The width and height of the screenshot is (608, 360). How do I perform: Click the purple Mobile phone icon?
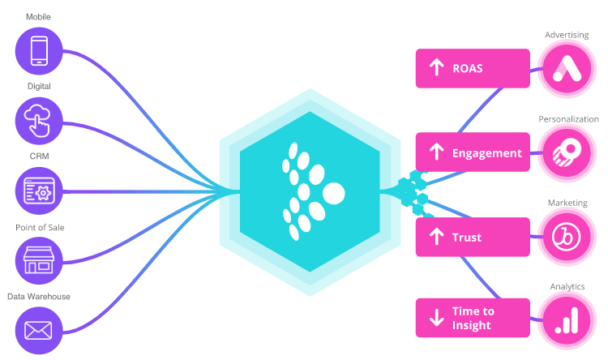[39, 50]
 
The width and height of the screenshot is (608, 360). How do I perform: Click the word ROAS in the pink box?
[468, 68]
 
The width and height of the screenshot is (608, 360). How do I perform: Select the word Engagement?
[486, 152]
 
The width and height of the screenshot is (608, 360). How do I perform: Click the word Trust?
[467, 237]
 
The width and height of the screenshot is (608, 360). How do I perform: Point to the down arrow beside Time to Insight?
[436, 318]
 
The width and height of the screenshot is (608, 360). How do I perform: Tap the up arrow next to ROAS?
[436, 68]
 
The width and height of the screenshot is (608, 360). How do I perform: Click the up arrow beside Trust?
[436, 237]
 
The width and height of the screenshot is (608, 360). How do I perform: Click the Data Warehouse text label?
[39, 297]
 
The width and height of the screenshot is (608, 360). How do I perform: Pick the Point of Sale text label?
[39, 227]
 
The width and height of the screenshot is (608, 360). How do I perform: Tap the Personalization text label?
[568, 119]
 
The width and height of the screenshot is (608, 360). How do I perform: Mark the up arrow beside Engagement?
[436, 152]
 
